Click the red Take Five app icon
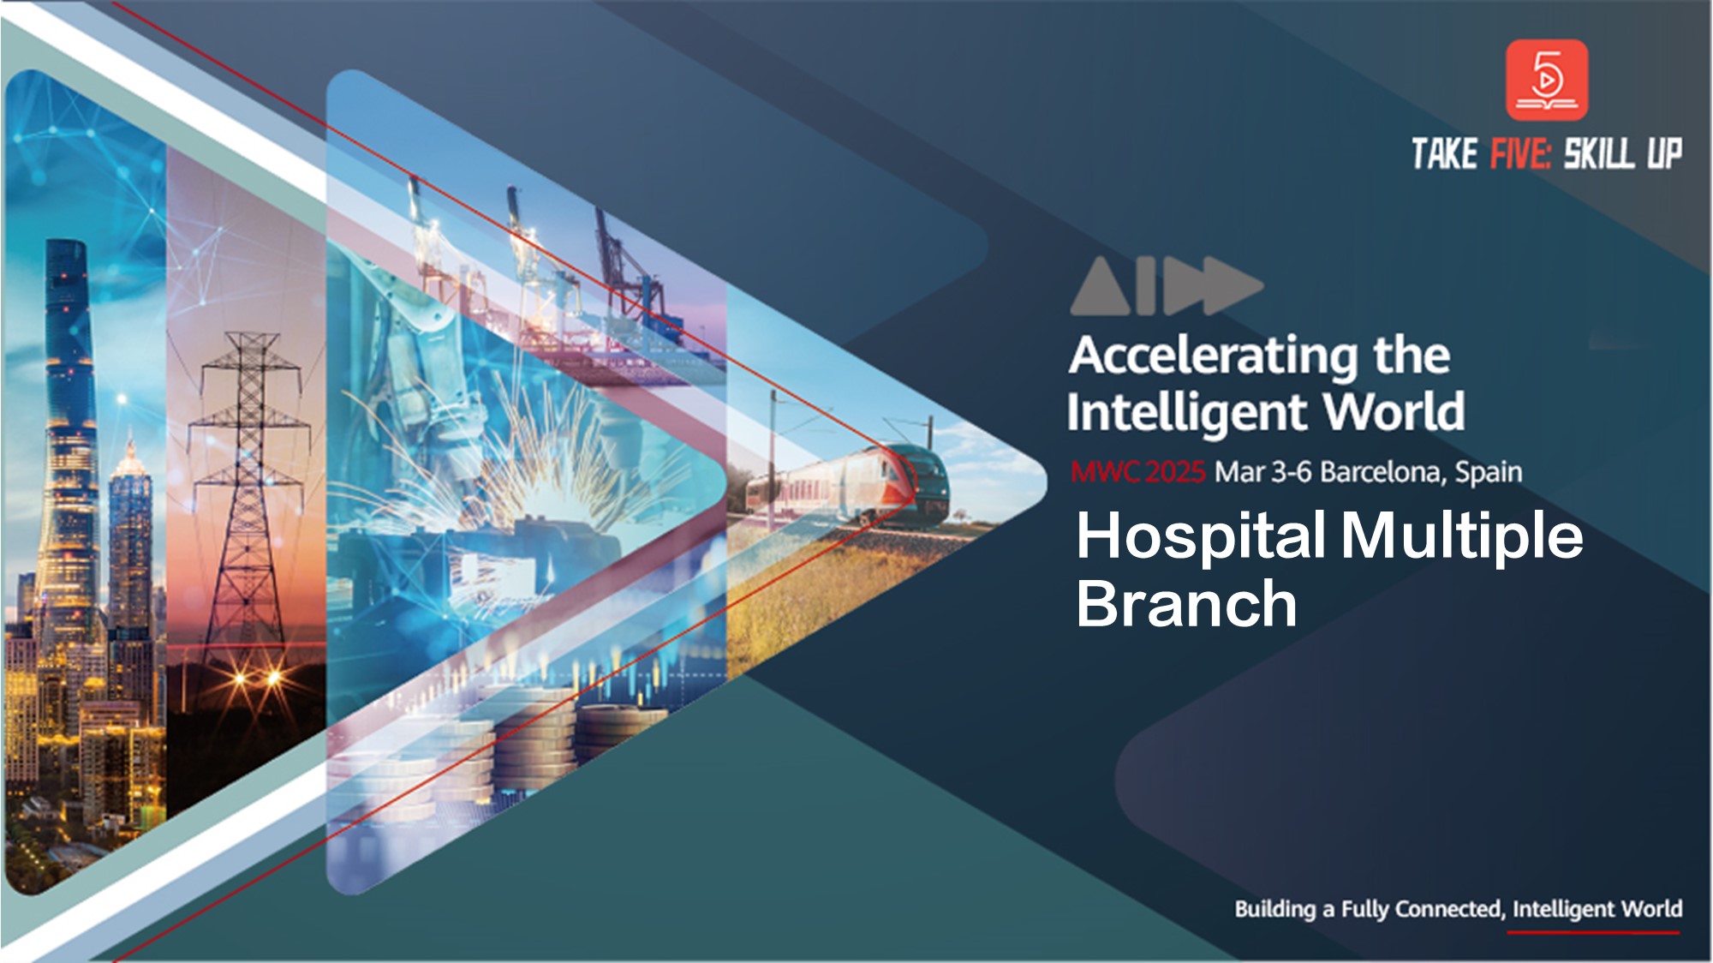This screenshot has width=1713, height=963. click(x=1547, y=80)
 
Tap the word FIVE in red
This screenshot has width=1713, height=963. click(x=1520, y=154)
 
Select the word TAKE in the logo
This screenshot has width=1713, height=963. click(x=1445, y=154)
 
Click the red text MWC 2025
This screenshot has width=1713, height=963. click(x=1138, y=471)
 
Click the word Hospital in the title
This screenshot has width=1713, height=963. click(x=1202, y=537)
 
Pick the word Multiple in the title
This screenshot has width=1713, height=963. click(x=1462, y=537)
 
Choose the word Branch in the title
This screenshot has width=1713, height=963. click(x=1187, y=603)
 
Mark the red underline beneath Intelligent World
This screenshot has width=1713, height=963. click(x=1593, y=932)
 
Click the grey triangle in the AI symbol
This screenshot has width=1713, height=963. click(x=1101, y=286)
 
